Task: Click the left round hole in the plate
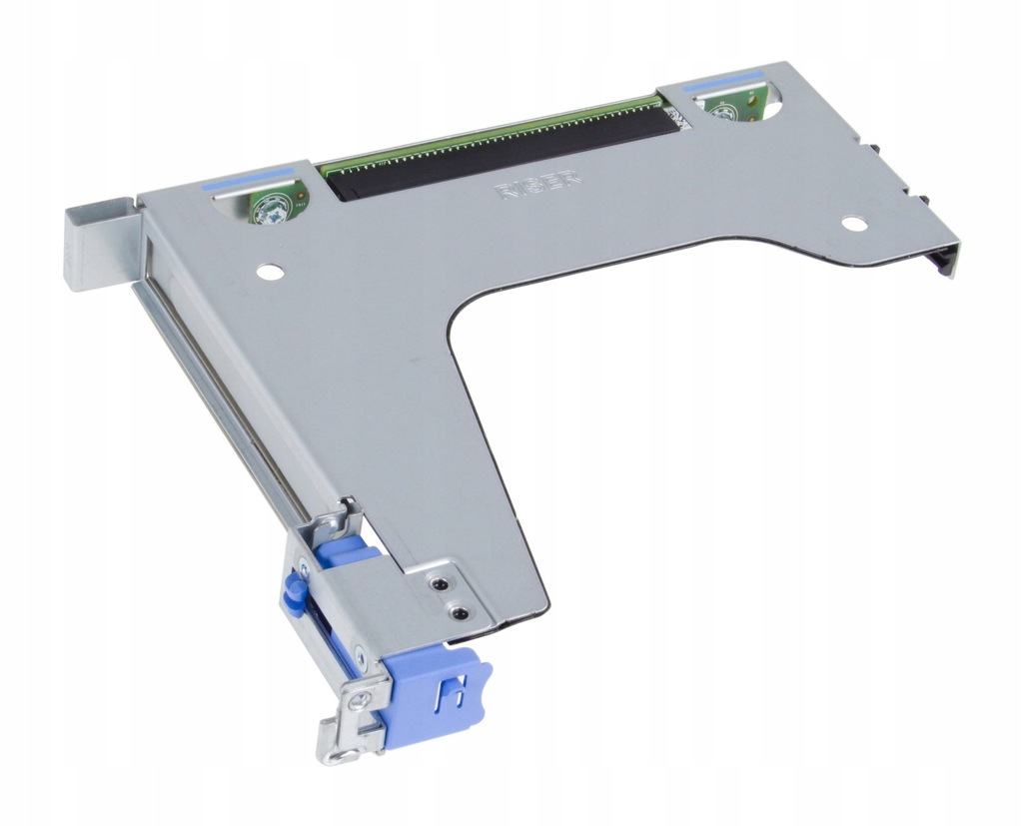click(268, 270)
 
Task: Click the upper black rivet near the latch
click(438, 582)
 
